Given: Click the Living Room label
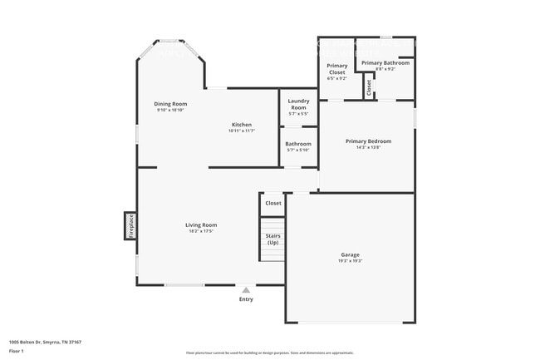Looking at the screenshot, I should coord(201,224).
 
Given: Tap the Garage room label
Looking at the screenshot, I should coord(350,254).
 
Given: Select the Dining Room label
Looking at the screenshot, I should coord(169,104).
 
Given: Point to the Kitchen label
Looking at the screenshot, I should coord(241,125).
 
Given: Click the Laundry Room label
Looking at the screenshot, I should coord(298,104).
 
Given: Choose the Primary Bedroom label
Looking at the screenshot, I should coord(368,141).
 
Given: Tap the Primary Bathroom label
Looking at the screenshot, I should coord(385,63).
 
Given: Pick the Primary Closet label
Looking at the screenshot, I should coord(336,69).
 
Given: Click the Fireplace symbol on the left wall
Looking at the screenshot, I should coord(130,225).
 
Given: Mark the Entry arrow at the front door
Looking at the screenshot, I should coord(245,290).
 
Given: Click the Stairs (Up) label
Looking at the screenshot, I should coord(272,239).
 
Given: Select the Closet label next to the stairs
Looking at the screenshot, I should coord(272,203).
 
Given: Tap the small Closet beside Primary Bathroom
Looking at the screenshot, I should coord(368,86).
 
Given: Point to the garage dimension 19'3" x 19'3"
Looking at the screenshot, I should coord(350,261).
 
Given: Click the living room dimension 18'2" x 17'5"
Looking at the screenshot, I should coord(201,231).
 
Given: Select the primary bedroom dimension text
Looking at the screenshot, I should coord(368,148).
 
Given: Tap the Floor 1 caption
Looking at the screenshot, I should coord(16,351).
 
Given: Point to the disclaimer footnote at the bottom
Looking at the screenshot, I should coord(269,353).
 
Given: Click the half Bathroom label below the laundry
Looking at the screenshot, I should coord(297,144).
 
